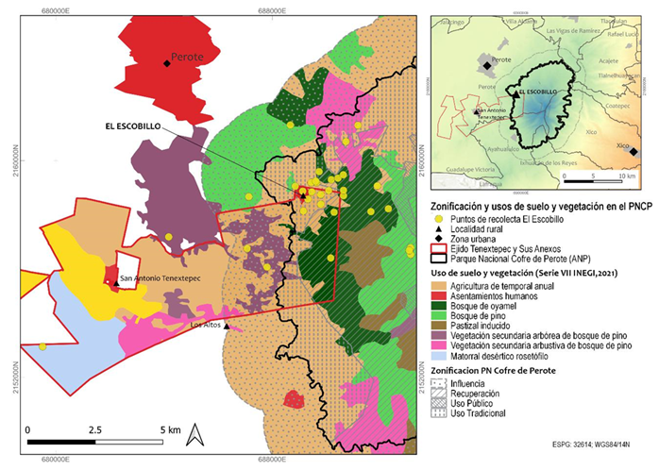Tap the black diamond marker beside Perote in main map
click(167, 63)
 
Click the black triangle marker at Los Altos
click(228, 327)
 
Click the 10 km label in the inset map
click(627, 176)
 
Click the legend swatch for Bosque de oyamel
click(437, 305)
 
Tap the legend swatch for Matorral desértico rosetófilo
click(437, 357)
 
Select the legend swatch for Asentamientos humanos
click(437, 294)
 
